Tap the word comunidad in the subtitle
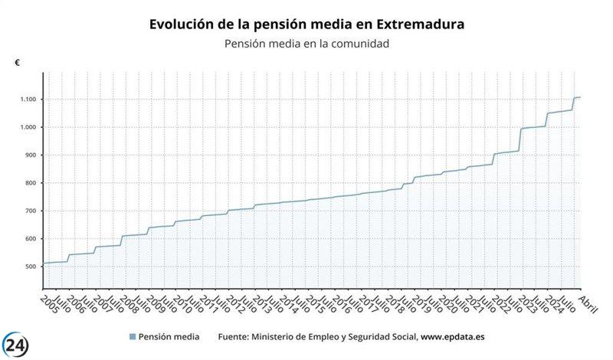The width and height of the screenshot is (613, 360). [359, 44]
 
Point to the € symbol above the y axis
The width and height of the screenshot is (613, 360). [18, 63]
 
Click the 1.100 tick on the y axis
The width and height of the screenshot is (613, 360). [29, 100]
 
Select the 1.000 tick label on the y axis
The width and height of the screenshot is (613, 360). [29, 127]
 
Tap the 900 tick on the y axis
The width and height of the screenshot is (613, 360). [31, 155]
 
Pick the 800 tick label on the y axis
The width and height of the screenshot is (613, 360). [31, 183]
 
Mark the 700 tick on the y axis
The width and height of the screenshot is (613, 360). [31, 211]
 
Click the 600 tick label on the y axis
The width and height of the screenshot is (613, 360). [31, 239]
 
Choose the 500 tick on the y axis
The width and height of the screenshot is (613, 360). [31, 267]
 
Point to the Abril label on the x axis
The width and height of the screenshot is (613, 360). [586, 301]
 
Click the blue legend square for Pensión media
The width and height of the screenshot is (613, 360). [133, 336]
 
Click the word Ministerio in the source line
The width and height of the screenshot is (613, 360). [280, 336]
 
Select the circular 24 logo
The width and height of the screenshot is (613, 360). [19, 342]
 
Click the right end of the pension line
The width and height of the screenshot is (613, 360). [580, 97]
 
